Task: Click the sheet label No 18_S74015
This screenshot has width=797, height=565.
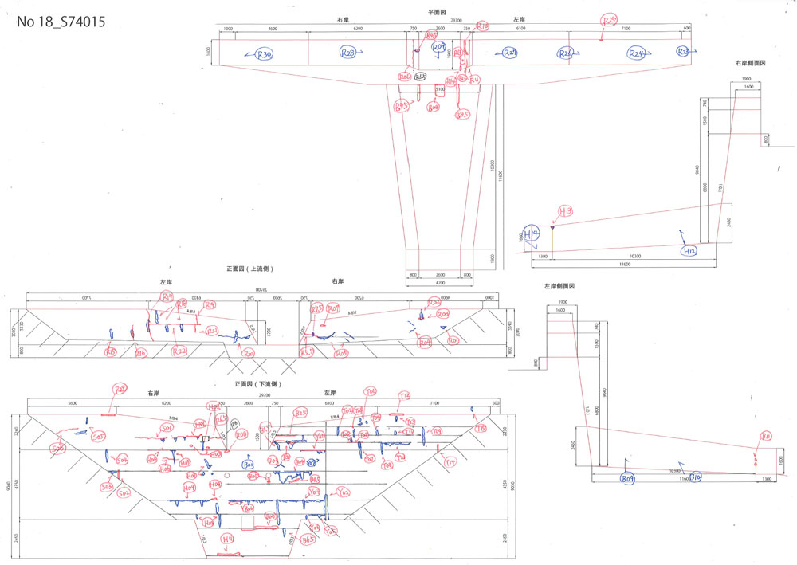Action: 61,22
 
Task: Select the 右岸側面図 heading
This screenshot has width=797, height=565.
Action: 751,62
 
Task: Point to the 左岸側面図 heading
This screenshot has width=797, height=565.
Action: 559,285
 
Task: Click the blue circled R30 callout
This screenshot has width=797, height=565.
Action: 265,54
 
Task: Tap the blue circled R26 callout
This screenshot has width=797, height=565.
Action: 566,53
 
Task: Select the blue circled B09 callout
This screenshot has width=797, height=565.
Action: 628,479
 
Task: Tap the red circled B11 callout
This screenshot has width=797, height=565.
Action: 766,436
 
